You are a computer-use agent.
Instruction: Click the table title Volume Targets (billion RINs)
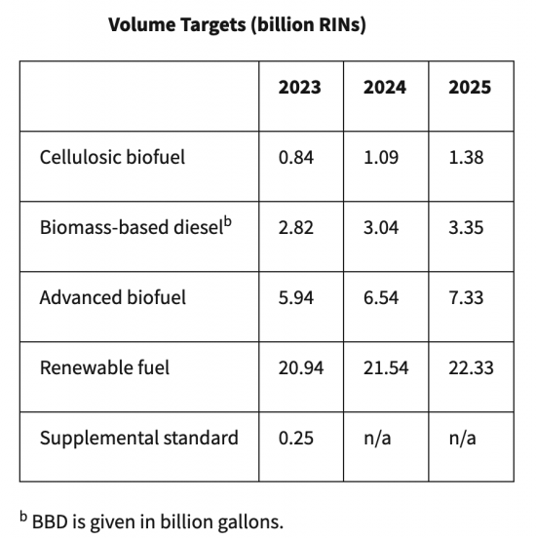tap(237, 25)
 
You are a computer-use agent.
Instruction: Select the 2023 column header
tap(299, 87)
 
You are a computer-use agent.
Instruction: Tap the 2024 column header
tap(385, 87)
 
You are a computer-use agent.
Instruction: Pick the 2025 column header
tap(470, 87)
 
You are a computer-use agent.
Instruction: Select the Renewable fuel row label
tap(104, 367)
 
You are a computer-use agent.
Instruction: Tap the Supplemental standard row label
tap(138, 438)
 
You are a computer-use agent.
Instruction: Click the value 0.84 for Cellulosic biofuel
tap(296, 157)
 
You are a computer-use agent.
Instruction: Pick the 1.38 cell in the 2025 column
tap(466, 157)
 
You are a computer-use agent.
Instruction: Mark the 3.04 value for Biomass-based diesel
tap(381, 227)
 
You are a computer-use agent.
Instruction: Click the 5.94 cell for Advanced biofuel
tap(296, 297)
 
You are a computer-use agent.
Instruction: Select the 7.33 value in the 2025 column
tap(466, 297)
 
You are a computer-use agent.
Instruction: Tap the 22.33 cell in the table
tap(471, 367)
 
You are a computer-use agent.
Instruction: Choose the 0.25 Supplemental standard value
tap(296, 438)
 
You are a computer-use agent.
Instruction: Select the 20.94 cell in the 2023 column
tap(300, 367)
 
